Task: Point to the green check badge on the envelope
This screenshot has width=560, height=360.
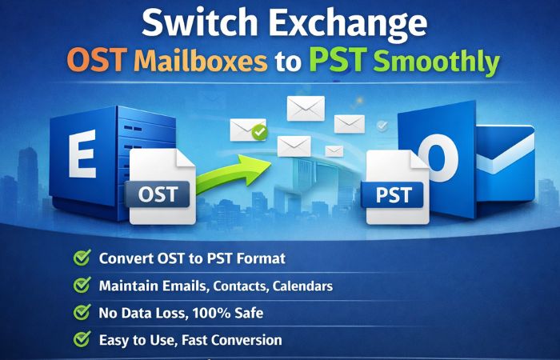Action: coord(258,133)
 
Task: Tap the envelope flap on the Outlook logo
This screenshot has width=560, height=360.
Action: coord(505,148)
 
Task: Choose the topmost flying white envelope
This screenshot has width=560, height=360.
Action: coord(306,107)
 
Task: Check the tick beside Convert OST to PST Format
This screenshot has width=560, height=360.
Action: coord(82,258)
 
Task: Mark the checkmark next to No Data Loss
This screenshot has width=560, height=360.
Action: coord(82,313)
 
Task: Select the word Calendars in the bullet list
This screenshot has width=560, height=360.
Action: coord(298,286)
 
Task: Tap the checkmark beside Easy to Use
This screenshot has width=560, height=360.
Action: coord(82,340)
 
